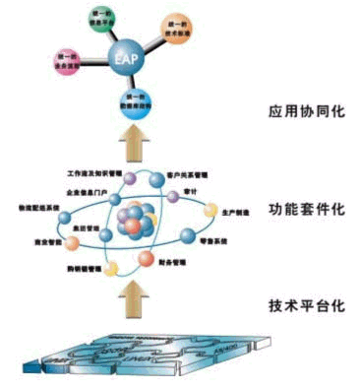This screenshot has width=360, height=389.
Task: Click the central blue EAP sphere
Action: tap(126, 59)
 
